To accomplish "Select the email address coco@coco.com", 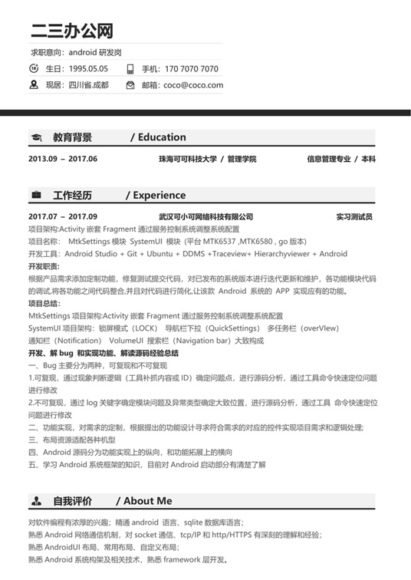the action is click(x=193, y=85).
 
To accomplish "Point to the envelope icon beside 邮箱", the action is click(x=130, y=85).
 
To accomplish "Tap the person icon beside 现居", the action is click(x=34, y=85).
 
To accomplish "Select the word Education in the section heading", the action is click(x=162, y=137).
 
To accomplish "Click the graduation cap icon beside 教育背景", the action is click(x=36, y=138).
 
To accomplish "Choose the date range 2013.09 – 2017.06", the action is click(x=63, y=159).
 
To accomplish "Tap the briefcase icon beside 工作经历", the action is click(x=36, y=196).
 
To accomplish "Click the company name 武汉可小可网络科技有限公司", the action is click(x=205, y=217).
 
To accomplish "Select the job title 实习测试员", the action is click(x=354, y=217).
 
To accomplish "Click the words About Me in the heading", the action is click(x=148, y=501).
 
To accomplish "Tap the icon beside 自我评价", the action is click(x=36, y=502).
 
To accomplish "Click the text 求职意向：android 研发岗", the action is click(x=76, y=52).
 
